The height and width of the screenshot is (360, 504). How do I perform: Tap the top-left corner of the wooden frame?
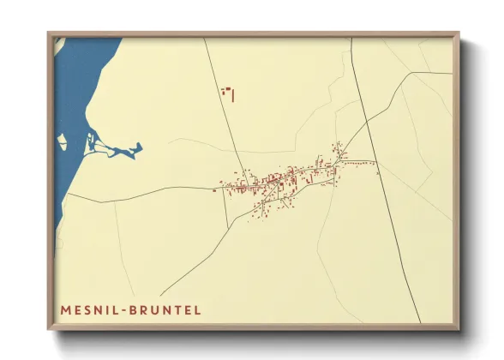coord(50,34)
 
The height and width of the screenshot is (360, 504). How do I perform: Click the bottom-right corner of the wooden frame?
coord(458,329)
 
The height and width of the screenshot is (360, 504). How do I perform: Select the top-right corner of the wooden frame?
coord(458,34)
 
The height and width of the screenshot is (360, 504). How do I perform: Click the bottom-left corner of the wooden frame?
coord(50,329)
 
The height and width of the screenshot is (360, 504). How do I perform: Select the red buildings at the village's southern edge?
coord(261,214)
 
